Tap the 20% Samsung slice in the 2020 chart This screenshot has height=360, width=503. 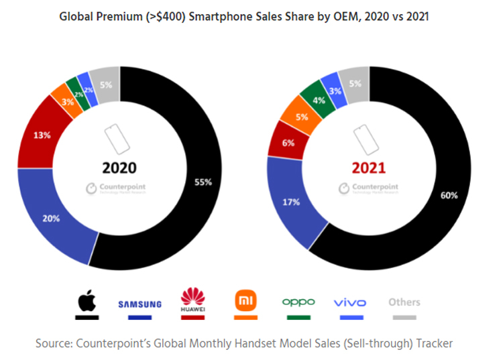(52, 217)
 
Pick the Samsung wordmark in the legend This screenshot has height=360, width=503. (139, 304)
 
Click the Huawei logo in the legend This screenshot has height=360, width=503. (191, 300)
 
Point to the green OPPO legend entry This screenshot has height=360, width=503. (298, 302)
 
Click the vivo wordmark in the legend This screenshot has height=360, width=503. (350, 303)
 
